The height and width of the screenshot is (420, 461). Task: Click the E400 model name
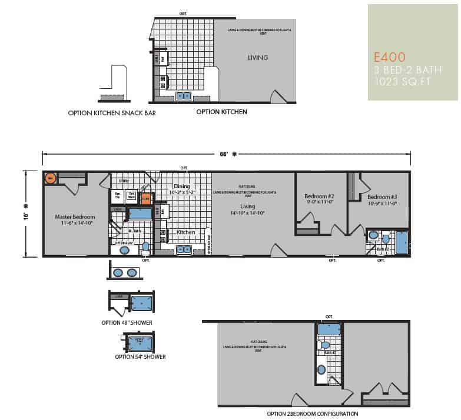[389, 58]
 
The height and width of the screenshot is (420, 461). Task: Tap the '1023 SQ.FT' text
[398, 82]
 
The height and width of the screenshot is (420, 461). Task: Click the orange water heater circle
[50, 178]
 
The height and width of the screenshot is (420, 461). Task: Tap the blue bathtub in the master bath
[140, 212]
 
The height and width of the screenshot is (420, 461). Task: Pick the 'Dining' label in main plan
[183, 186]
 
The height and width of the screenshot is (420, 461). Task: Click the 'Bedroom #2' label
[319, 196]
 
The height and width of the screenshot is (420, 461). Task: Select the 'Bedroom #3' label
[383, 196]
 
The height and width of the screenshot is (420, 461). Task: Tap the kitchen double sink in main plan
[183, 249]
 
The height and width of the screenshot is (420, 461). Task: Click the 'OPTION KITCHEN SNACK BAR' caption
[112, 112]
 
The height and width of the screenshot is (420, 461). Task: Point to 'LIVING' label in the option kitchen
[257, 58]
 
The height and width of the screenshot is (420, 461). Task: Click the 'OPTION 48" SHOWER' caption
[127, 323]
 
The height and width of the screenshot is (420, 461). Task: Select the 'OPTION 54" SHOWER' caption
[140, 356]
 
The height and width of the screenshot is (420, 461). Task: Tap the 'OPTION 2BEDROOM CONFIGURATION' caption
[312, 414]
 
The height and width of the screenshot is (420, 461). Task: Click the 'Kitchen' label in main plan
[186, 232]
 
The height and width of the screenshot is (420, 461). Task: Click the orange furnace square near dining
[145, 198]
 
